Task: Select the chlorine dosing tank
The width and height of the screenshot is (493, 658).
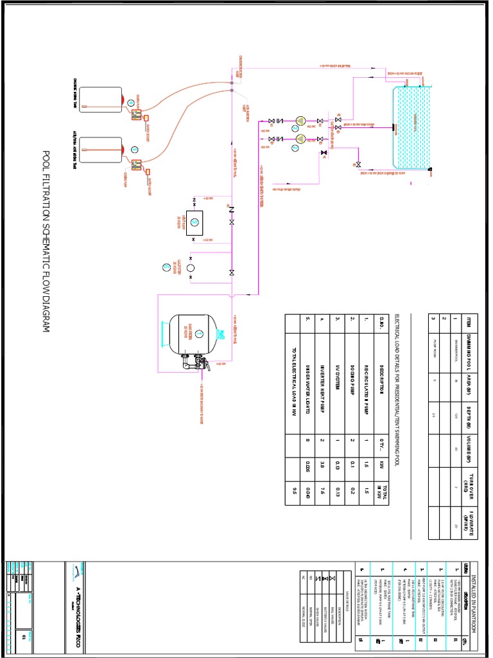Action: tap(100, 100)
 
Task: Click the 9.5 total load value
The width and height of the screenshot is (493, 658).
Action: tap(295, 492)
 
